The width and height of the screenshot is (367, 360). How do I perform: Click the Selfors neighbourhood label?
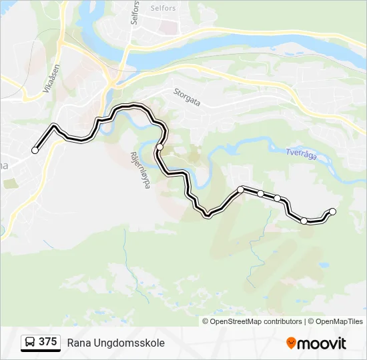[163, 8]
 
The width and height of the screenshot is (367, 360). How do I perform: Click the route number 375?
[47, 342]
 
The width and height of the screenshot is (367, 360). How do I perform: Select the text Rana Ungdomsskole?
[115, 343]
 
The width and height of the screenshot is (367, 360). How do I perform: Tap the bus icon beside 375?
[30, 343]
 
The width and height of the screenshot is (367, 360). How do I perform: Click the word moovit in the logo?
[322, 343]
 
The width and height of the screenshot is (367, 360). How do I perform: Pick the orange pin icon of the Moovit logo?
[291, 343]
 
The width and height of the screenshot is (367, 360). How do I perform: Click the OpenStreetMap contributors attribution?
[256, 321]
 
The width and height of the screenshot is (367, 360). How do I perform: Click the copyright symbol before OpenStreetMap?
[206, 321]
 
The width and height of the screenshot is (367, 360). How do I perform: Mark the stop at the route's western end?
[35, 150]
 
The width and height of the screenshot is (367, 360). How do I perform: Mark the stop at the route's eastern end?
[333, 211]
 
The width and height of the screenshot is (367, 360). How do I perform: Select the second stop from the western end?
[160, 147]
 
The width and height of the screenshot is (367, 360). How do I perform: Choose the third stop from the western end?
[240, 190]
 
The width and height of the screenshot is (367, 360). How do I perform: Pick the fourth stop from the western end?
[260, 193]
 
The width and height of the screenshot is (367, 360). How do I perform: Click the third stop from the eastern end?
[277, 198]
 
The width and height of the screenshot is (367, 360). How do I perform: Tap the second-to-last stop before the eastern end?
[304, 221]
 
